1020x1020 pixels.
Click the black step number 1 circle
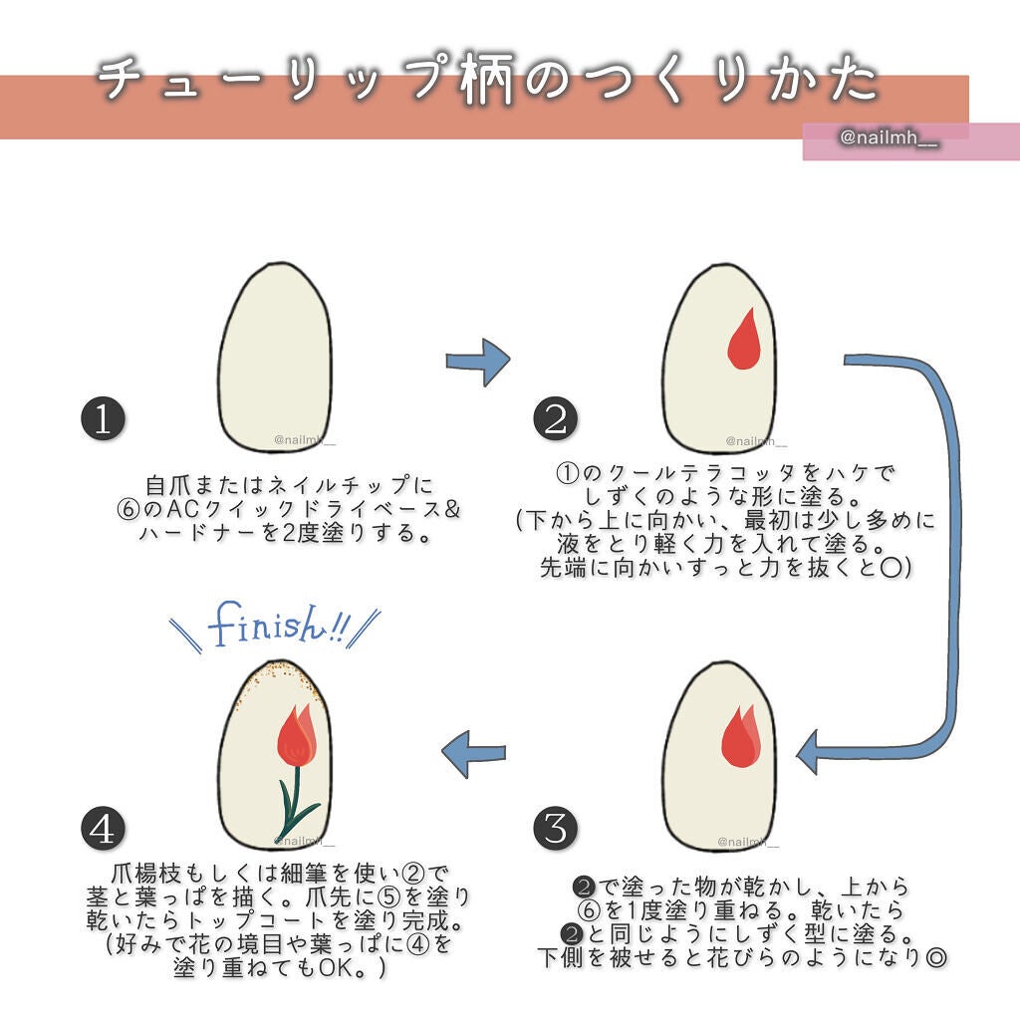102,420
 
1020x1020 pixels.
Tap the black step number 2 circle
555,418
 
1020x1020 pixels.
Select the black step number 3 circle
555,827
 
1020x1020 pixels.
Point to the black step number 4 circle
102,829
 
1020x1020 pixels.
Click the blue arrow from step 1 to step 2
478,362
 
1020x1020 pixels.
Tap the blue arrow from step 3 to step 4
473,754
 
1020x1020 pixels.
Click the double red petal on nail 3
739,740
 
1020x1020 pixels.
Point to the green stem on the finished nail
293,802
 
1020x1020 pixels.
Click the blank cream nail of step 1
275,359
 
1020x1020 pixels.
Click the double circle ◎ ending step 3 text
934,957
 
